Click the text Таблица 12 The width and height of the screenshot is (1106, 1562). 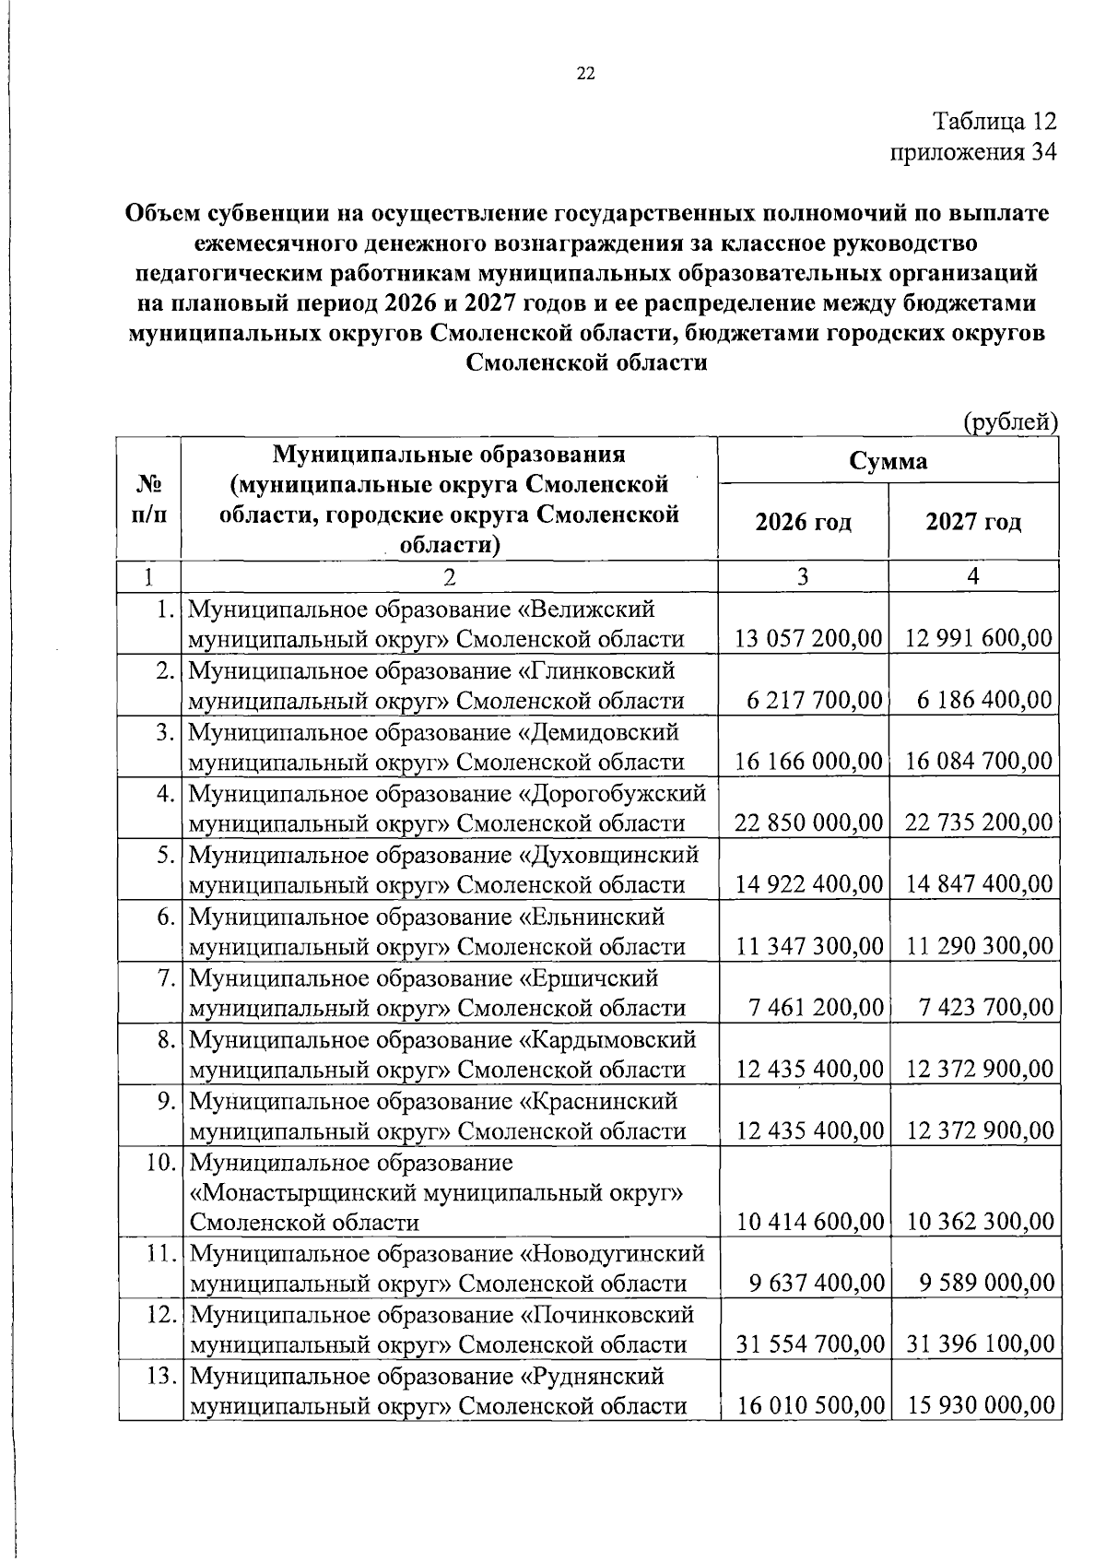pyautogui.click(x=994, y=122)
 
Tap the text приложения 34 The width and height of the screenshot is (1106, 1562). pyautogui.click(x=971, y=152)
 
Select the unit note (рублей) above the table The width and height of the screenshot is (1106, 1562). pyautogui.click(x=1010, y=422)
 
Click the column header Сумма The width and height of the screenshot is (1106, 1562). pyautogui.click(x=888, y=460)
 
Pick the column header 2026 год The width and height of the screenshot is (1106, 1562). pyautogui.click(x=804, y=523)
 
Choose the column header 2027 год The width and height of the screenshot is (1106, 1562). pyautogui.click(x=974, y=523)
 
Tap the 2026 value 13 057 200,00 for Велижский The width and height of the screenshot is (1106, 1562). pyautogui.click(x=809, y=638)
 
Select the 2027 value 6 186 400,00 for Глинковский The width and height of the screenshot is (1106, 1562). pyautogui.click(x=984, y=700)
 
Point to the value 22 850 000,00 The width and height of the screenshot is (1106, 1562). pyautogui.click(x=809, y=822)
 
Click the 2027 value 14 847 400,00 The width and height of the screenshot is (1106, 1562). pyautogui.click(x=979, y=884)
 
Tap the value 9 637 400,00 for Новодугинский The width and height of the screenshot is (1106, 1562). pyautogui.click(x=817, y=1284)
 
